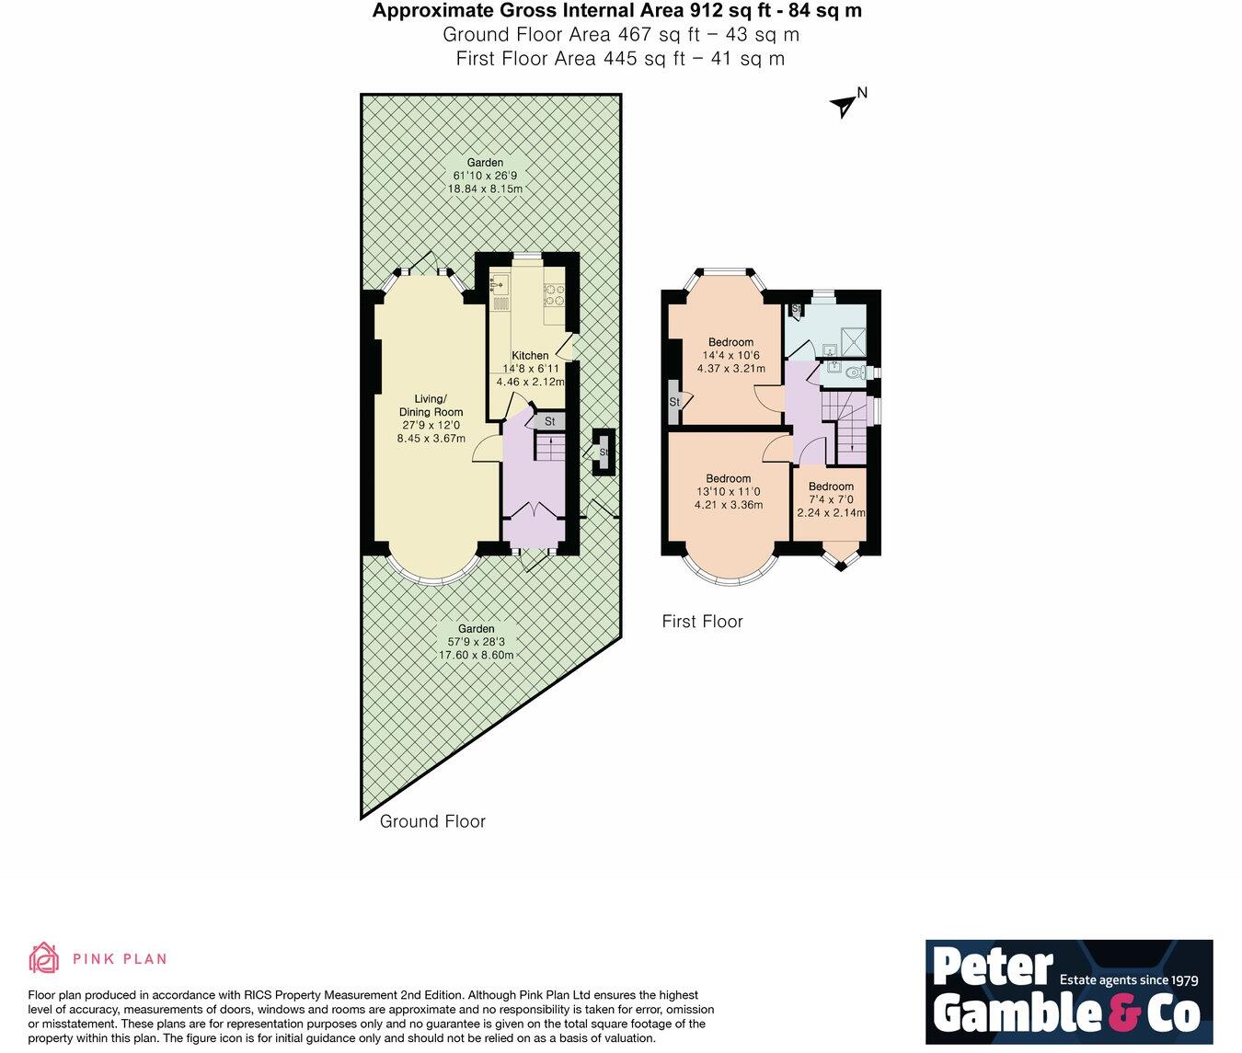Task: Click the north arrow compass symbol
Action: [x=843, y=107]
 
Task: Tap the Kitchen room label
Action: [x=530, y=356]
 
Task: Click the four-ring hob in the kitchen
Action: [x=556, y=293]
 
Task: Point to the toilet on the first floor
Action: [x=857, y=372]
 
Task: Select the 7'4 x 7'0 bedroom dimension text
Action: [x=831, y=500]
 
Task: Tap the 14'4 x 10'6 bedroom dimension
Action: [x=730, y=356]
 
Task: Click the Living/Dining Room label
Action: [x=431, y=406]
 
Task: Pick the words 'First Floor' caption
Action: [x=702, y=622]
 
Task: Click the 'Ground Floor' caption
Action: [x=432, y=821]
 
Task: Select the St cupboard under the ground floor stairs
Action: [x=549, y=421]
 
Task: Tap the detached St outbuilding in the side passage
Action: [x=604, y=452]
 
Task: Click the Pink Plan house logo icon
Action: [x=43, y=958]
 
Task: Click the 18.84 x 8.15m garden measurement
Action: [x=485, y=189]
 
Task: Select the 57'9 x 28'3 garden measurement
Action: [x=476, y=642]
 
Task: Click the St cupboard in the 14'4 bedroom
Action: [x=674, y=402]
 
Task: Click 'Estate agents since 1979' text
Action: [x=1129, y=979]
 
